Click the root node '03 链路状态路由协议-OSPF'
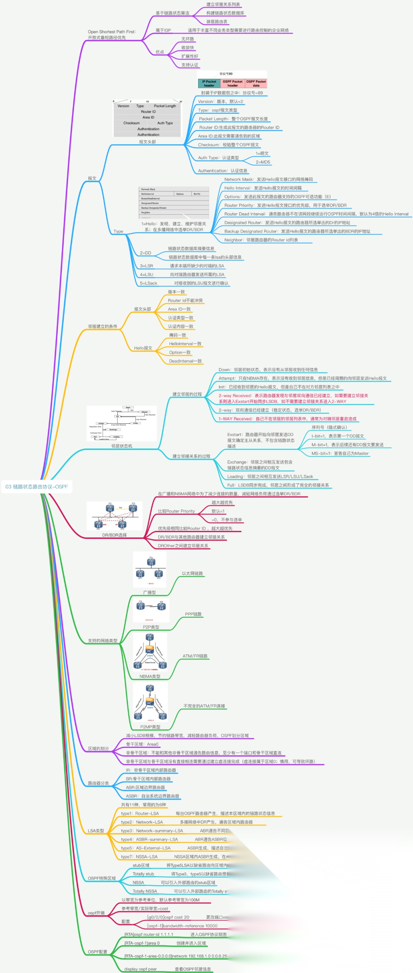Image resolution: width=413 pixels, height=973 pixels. click(37, 486)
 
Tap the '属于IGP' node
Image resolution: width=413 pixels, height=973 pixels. click(163, 30)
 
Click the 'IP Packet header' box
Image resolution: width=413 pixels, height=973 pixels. click(209, 83)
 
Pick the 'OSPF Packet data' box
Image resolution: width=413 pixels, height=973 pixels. click(256, 83)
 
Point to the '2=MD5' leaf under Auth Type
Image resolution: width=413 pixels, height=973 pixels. click(263, 162)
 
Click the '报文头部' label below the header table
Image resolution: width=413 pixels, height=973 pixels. click(147, 142)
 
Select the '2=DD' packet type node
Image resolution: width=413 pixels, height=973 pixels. click(145, 253)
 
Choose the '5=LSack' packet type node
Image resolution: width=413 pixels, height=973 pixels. click(148, 283)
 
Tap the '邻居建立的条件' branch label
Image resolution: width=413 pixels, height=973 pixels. click(102, 327)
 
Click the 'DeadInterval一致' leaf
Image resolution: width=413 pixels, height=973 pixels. click(185, 361)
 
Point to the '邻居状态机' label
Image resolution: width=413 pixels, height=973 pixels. click(122, 446)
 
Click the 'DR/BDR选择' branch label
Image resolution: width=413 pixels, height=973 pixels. click(114, 535)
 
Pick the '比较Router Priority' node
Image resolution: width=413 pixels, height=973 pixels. click(176, 511)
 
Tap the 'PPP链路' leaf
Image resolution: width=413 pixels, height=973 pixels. click(193, 614)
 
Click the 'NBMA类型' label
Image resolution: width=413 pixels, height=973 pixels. click(150, 676)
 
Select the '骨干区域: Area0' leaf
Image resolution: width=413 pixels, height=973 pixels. click(142, 744)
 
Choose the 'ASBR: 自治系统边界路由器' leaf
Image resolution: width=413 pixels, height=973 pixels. click(152, 796)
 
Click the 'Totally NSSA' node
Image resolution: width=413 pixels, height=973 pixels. click(145, 891)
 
